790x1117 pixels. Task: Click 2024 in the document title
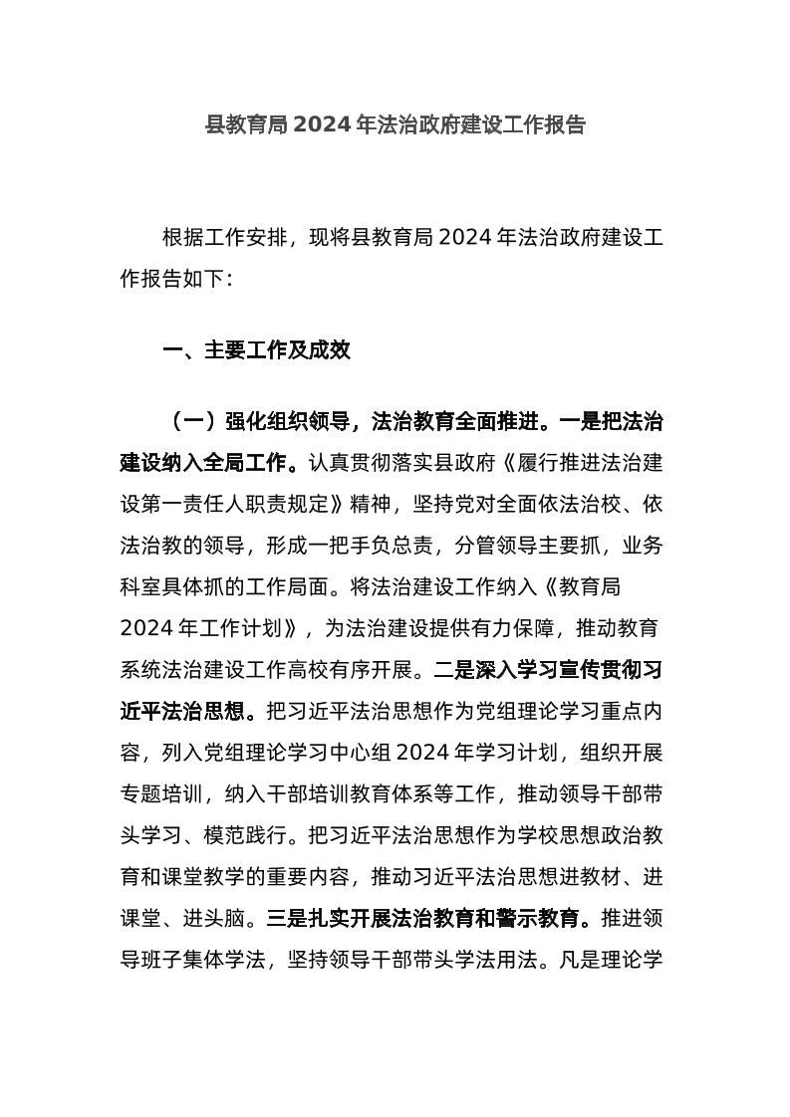pyautogui.click(x=323, y=125)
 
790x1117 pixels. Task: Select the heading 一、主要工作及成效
pyautogui.click(x=256, y=350)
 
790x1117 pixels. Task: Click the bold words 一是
pyautogui.click(x=579, y=422)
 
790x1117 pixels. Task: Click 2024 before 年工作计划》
pyautogui.click(x=148, y=629)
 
